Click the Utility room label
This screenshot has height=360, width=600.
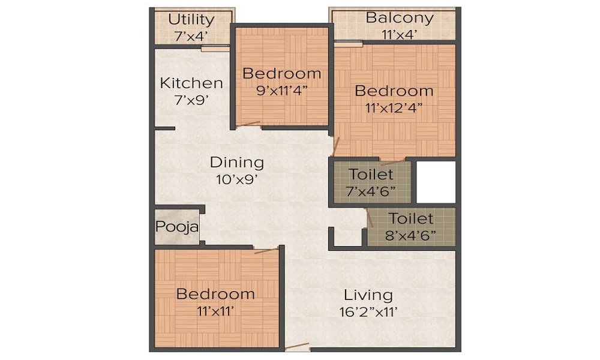(x=191, y=20)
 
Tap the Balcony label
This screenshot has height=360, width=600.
(x=399, y=17)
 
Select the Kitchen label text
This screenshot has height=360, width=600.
(x=191, y=83)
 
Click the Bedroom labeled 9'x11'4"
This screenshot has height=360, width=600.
(x=281, y=74)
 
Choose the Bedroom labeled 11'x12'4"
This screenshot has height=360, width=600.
(x=394, y=91)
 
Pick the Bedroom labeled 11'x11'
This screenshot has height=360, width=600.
(x=215, y=294)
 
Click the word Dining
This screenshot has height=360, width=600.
(x=236, y=162)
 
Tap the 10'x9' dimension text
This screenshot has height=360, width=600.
(x=236, y=179)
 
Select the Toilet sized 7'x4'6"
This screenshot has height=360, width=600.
(x=371, y=175)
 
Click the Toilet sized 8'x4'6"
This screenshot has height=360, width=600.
(x=411, y=218)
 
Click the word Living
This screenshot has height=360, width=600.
(x=368, y=295)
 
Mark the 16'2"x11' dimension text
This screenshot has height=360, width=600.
(x=368, y=312)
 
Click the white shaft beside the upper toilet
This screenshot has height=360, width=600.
(x=435, y=182)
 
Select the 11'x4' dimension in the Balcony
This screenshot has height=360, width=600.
(x=399, y=35)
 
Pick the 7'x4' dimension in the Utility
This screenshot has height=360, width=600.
(x=191, y=36)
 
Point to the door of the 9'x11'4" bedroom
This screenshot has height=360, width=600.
(x=248, y=125)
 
